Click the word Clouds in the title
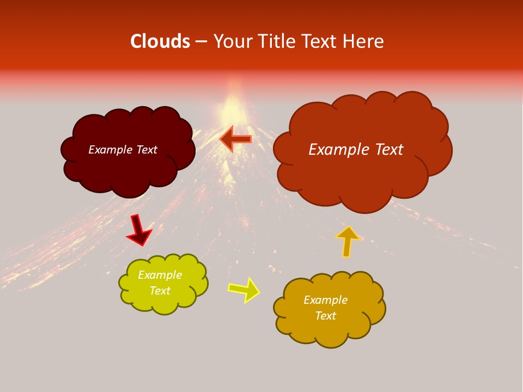click(160, 41)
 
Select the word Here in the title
click(364, 41)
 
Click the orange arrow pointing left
click(236, 139)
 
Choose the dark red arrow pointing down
click(138, 230)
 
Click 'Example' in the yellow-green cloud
click(160, 275)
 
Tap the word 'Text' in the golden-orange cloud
click(325, 316)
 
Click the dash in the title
click(201, 41)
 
